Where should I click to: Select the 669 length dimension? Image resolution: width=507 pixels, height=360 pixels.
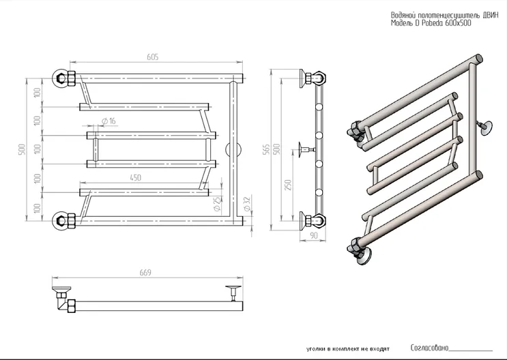(146, 273)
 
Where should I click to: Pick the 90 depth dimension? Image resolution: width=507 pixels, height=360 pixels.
(313, 235)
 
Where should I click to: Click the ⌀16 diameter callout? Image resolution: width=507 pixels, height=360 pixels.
(108, 121)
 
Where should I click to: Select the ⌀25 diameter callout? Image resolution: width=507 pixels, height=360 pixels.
(216, 203)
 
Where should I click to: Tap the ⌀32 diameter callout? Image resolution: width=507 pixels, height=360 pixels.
(246, 202)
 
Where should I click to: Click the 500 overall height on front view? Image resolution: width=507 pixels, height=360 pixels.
(22, 149)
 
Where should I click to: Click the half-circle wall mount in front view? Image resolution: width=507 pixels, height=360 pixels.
(231, 150)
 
